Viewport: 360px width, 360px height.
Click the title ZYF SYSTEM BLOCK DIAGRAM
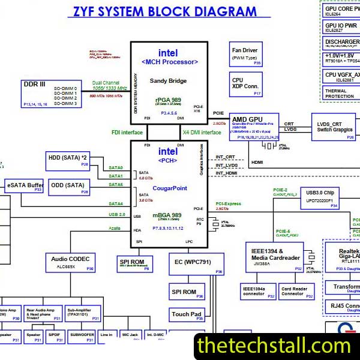click(x=164, y=11)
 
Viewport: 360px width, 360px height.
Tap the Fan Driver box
click(x=246, y=55)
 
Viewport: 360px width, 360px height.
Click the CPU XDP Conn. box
click(x=246, y=85)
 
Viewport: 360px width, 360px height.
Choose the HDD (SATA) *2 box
click(x=68, y=160)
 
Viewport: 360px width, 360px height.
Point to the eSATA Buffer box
click(x=25, y=186)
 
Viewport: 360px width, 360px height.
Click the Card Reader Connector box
click(x=296, y=291)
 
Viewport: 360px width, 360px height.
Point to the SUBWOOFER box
click(x=81, y=337)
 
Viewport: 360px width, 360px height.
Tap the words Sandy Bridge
click(x=168, y=81)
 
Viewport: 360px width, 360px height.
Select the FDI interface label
click(x=127, y=133)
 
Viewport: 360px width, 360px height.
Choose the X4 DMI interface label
click(x=201, y=133)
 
